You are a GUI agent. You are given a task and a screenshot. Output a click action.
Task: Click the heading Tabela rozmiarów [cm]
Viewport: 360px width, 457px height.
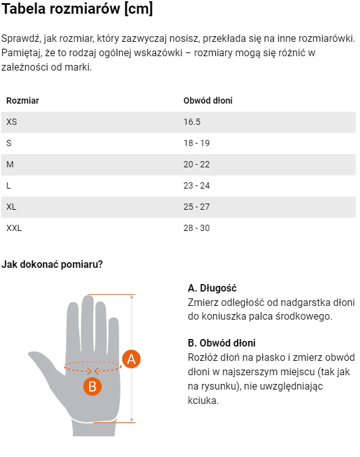77,9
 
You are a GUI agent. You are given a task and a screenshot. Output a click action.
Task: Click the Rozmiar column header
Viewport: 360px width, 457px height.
22,101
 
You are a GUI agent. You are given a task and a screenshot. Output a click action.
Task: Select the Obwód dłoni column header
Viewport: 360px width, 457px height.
208,101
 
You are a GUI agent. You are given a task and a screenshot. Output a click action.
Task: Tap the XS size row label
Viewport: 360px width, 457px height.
12,122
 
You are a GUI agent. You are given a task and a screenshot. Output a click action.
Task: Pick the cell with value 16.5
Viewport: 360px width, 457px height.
192,122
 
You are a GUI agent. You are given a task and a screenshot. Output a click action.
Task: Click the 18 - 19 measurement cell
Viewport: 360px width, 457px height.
197,143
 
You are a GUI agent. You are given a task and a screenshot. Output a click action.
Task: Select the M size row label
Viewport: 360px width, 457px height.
10,164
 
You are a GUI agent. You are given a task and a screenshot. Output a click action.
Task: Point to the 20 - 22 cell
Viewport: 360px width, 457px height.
197,164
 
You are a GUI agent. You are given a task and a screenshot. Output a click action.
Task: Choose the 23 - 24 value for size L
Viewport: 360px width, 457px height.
197,185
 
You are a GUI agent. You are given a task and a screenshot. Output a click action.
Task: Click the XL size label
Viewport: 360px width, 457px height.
11,207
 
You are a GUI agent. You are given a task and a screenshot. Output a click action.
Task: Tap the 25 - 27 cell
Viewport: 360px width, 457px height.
197,207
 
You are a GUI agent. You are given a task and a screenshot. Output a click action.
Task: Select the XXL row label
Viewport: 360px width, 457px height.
14,228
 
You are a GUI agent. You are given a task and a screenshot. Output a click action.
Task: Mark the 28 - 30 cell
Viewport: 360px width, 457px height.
197,228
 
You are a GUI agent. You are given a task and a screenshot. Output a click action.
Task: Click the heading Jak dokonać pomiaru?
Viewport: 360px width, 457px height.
52,264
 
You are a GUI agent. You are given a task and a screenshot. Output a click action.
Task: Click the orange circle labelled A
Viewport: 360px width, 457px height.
131,359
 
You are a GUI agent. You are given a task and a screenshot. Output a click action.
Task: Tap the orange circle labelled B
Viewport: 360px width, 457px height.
92,386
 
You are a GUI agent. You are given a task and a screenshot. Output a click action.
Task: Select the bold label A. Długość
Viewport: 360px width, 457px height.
212,288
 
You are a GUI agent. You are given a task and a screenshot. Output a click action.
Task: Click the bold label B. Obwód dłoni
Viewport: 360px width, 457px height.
221,343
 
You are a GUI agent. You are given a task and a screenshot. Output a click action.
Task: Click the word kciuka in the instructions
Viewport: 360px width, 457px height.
203,400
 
